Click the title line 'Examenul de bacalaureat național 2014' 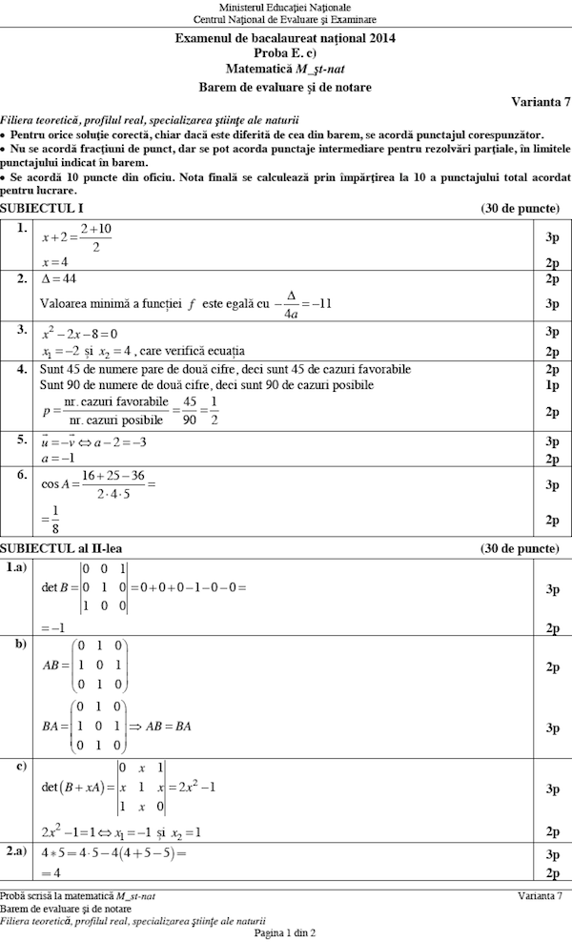pos(285,38)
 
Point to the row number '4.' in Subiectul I pos(20,368)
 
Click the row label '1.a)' pos(17,568)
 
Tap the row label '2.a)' pos(17,850)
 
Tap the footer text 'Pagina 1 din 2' pos(285,932)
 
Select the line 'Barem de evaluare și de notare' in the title pos(285,87)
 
